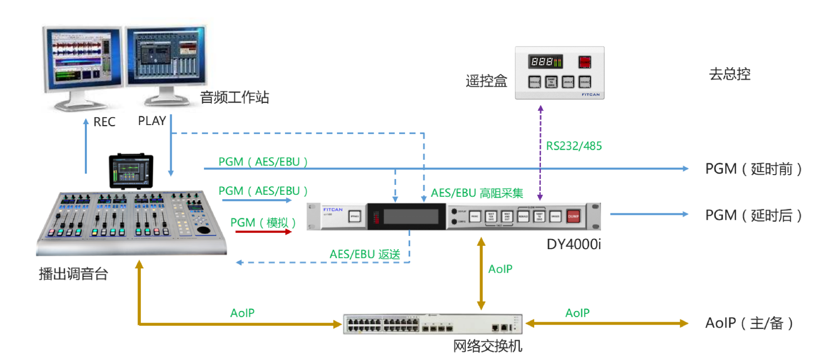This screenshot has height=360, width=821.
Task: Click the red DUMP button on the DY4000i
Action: click(x=573, y=216)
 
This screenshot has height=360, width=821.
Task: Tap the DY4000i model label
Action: click(x=573, y=244)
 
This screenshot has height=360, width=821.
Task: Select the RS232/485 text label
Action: click(x=574, y=146)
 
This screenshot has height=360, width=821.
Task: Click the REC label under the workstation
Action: click(x=104, y=122)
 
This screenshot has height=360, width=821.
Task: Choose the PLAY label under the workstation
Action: click(x=152, y=121)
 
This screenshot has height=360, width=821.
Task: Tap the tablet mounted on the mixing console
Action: click(x=130, y=171)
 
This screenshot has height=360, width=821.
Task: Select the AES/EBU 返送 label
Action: click(x=364, y=254)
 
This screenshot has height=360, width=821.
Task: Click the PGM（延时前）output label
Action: click(x=753, y=169)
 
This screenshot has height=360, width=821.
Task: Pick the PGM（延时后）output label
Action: click(x=753, y=215)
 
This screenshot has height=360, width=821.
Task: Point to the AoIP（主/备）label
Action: click(x=749, y=323)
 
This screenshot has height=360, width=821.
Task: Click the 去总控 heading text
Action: click(x=730, y=74)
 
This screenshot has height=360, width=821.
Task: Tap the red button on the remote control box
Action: click(x=585, y=62)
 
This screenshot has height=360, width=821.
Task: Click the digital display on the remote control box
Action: click(x=545, y=62)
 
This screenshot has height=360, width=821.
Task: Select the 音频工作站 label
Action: click(x=234, y=97)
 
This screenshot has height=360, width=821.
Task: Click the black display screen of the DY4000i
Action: click(x=411, y=216)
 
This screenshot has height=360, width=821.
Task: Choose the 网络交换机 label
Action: click(x=487, y=346)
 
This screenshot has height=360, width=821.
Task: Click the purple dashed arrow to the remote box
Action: click(x=540, y=152)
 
